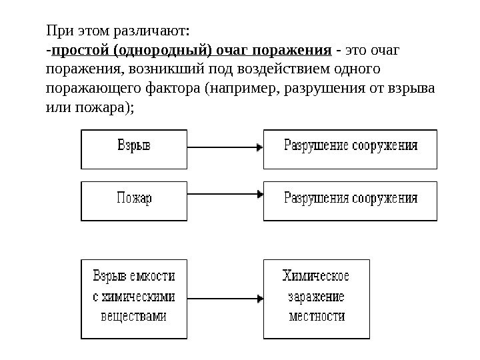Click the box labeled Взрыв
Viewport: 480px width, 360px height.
tap(134, 149)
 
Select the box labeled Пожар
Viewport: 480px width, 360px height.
tap(134, 201)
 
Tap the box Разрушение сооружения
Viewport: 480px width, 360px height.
tap(351, 149)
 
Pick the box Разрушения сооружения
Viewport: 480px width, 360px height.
tap(351, 201)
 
